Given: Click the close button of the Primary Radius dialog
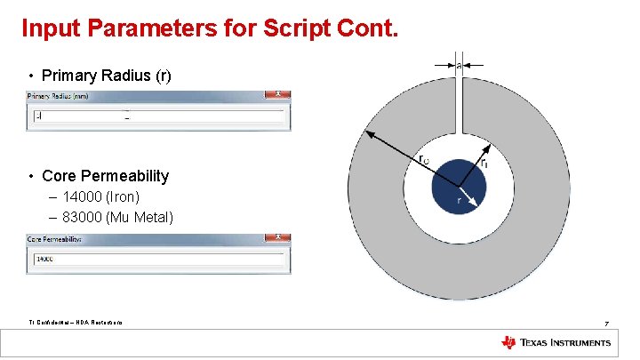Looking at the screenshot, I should (278, 94).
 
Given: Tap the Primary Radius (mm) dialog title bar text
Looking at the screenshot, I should (59, 95).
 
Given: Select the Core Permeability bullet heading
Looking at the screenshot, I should (105, 176).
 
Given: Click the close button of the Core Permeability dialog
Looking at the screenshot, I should (278, 238).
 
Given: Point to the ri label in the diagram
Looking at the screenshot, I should (484, 164).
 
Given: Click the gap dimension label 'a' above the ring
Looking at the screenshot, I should (459, 65).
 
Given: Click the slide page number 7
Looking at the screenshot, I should (605, 322).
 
